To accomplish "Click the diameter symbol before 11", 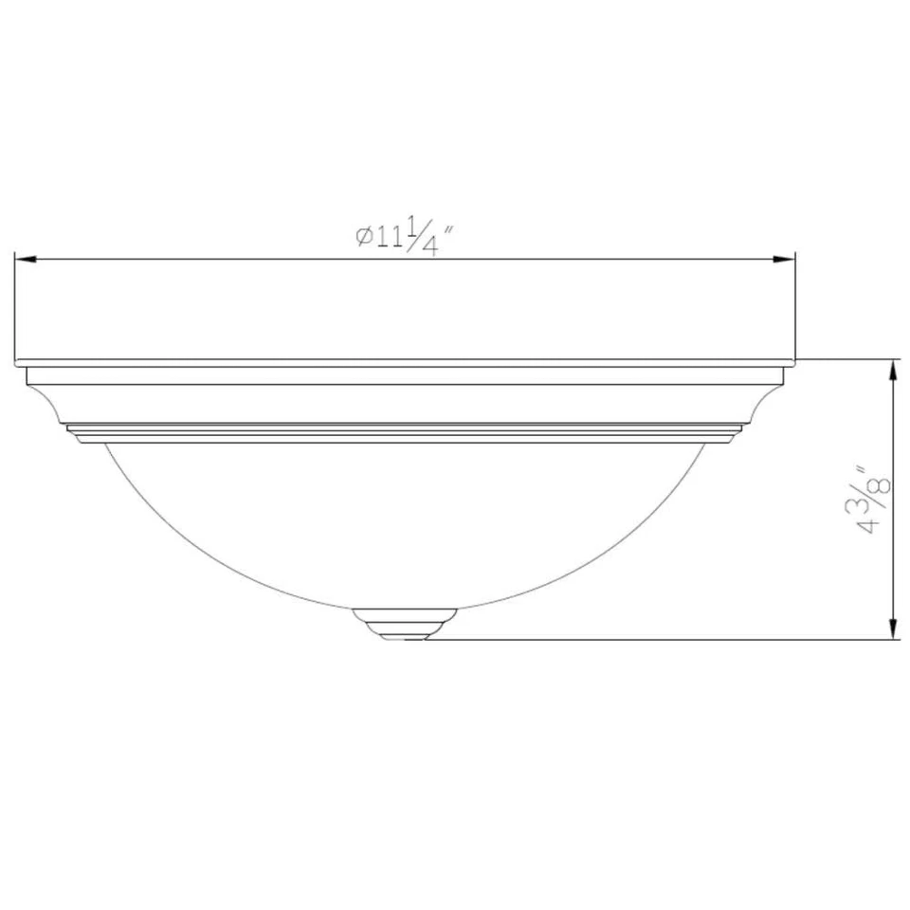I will tap(363, 236).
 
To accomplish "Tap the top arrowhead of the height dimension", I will tap(892, 371).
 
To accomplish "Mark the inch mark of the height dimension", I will tap(861, 470).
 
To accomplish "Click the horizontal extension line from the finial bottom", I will tap(664, 640).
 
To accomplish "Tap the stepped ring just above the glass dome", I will tap(405, 433).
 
